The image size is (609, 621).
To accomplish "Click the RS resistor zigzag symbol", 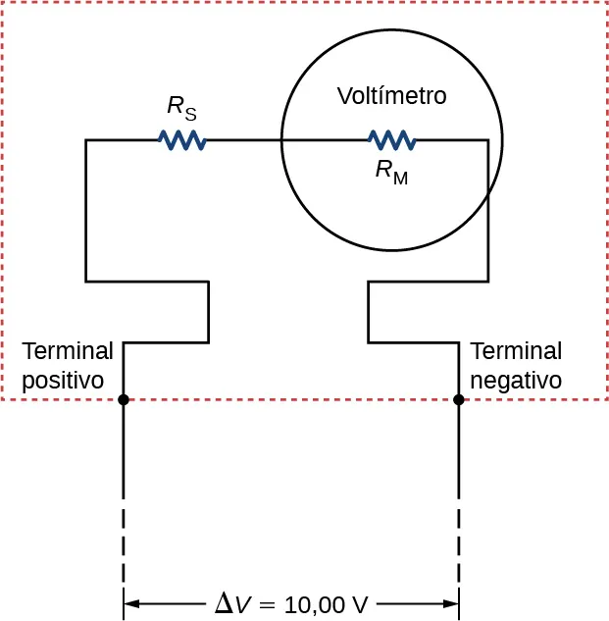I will coord(181,140).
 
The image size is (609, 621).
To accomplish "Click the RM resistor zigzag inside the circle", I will coord(391,140).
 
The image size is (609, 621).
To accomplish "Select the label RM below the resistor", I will coord(391,172).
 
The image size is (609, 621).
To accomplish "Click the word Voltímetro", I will coord(391,96).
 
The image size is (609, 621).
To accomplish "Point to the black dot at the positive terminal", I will coord(124,399).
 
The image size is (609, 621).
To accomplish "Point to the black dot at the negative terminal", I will coord(459,399).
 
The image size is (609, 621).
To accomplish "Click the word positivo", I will coord(63,380).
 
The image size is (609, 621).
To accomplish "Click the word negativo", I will coord(516,380).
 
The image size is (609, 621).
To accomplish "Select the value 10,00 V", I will coord(326,604).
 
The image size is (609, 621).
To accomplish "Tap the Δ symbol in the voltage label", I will coord(225,603).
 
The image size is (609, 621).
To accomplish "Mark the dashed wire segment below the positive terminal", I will coord(124,544).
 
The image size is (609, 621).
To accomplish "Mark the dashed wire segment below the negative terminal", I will coord(459,544).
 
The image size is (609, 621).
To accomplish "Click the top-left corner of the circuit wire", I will coord(86,140).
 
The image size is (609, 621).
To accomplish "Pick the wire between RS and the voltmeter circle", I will coord(243,140).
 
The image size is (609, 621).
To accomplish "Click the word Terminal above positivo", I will coord(68,351).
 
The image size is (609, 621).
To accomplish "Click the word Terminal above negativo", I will coord(516,351).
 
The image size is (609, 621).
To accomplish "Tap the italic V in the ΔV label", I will coord(243,604).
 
